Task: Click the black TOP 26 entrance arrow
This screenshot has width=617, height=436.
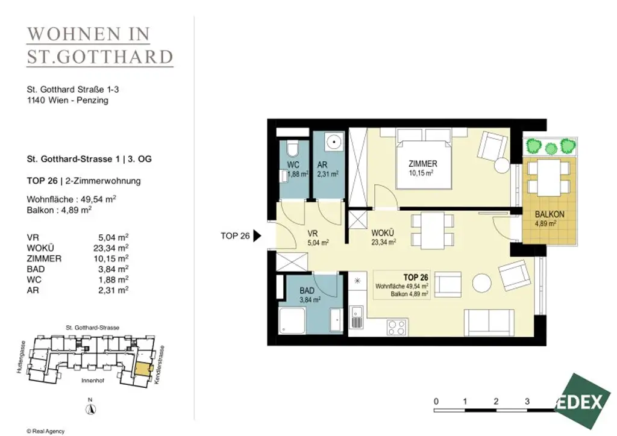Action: point(256,236)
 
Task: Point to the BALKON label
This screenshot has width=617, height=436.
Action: point(549,214)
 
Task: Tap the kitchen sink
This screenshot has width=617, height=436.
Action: point(357,316)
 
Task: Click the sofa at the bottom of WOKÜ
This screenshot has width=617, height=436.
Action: point(489,323)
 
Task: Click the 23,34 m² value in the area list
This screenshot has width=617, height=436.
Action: point(115,248)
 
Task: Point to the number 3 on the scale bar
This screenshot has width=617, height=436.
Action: point(527,401)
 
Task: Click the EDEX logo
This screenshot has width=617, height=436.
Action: point(583,402)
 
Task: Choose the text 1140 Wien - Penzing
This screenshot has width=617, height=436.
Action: point(67,101)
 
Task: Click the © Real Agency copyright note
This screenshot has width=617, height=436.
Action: point(45,431)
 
